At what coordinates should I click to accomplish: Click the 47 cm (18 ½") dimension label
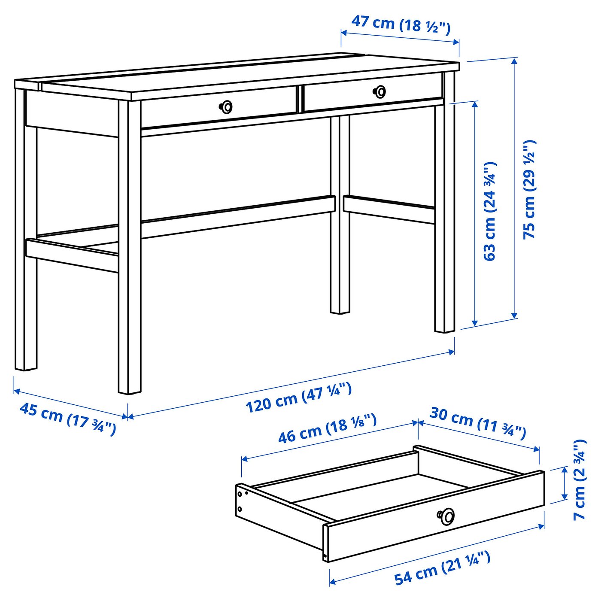pos(401,24)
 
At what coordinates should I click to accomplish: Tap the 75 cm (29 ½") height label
pos(529,189)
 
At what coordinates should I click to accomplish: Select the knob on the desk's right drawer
pos(379,91)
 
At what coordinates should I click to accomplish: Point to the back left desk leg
pos(26,300)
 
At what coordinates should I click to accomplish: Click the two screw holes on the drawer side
pos(240,501)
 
